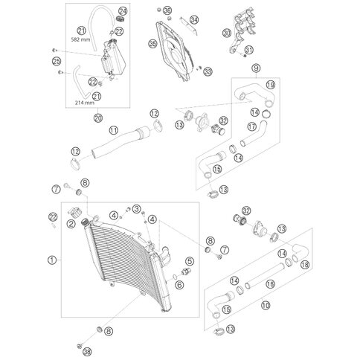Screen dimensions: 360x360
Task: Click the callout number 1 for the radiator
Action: [x=52, y=260]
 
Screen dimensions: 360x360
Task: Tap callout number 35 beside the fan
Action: [x=153, y=44]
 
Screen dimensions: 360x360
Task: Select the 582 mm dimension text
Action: [x=80, y=39]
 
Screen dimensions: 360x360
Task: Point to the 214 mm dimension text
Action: [x=85, y=103]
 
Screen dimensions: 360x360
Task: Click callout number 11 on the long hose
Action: [x=114, y=130]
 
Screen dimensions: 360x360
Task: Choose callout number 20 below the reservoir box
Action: [x=98, y=118]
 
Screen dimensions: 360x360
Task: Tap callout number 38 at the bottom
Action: [x=88, y=351]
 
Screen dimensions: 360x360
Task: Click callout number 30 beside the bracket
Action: [x=227, y=33]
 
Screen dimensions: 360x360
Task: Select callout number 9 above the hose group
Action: [x=256, y=68]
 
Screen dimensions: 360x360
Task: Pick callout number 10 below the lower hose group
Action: [x=266, y=305]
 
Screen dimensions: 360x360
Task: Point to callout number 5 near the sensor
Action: [x=190, y=261]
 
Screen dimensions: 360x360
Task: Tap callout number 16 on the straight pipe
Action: [x=270, y=284]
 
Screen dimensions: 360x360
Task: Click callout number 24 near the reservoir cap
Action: [x=123, y=11]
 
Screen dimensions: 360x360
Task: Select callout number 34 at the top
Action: [x=194, y=19]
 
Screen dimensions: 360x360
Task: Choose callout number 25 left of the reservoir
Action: [x=57, y=61]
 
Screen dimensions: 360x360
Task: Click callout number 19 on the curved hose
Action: [x=271, y=85]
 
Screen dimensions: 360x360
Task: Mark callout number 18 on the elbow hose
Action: [x=305, y=265]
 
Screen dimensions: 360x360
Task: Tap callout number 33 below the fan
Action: [x=208, y=72]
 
